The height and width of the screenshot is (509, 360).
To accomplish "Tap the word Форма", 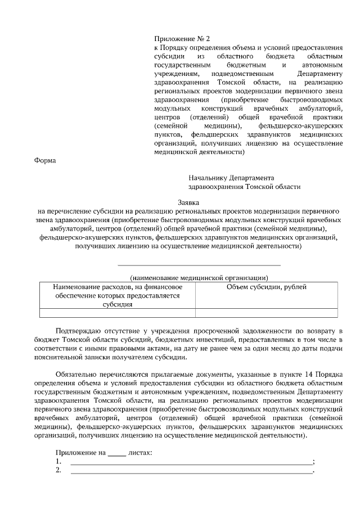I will pyautogui.click(x=46, y=160).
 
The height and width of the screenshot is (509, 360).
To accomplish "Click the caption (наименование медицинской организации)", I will pyautogui.click(x=199, y=277).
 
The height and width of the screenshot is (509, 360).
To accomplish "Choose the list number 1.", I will pyautogui.click(x=58, y=462).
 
